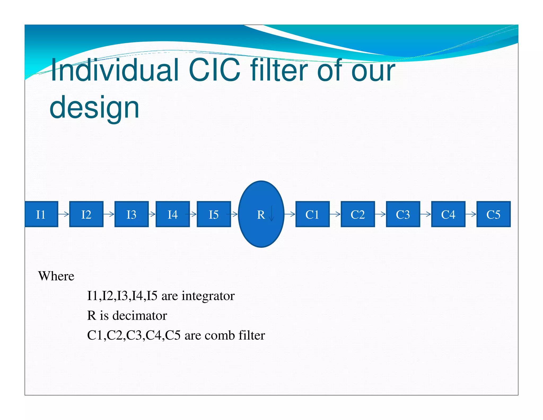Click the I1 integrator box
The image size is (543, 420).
click(41, 214)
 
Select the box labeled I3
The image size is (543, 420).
click(132, 214)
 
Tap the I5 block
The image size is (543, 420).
click(214, 214)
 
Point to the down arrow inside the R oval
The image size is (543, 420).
click(271, 214)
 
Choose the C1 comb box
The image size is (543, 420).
click(312, 214)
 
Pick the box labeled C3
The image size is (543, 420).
click(403, 214)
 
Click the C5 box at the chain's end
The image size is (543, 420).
click(493, 214)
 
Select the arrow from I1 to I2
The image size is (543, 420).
click(64, 214)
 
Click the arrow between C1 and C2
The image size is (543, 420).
click(335, 214)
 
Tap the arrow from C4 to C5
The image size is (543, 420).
click(471, 214)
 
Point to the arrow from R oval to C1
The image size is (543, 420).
click(290, 214)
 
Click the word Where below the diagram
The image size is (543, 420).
click(56, 276)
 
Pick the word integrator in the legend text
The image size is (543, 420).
click(208, 296)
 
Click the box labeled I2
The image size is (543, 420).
click(86, 214)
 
